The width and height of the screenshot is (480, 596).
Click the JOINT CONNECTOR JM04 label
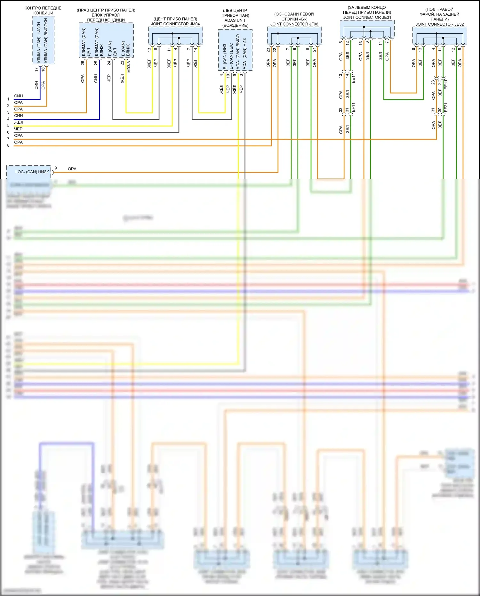175,24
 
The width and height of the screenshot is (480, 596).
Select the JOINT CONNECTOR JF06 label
294,24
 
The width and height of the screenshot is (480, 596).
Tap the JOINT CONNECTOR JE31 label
367,17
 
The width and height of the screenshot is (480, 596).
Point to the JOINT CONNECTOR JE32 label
439,24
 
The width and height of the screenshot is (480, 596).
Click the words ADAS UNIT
235,20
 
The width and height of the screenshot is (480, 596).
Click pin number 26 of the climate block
83,63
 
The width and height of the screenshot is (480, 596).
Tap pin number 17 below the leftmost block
36,69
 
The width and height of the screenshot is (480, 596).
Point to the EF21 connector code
446,108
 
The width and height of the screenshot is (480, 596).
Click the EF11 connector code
353,108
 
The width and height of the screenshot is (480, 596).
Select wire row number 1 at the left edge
8,99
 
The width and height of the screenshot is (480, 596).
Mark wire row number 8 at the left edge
8,145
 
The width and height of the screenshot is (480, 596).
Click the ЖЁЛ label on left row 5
19,122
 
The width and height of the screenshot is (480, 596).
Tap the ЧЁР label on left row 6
18,129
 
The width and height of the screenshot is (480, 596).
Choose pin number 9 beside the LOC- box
56,168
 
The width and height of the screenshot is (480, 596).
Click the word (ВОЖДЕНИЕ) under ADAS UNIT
235,25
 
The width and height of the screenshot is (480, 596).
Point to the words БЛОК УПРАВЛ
106,15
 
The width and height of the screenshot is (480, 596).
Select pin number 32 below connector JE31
341,110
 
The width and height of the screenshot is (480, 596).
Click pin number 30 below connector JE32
440,110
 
